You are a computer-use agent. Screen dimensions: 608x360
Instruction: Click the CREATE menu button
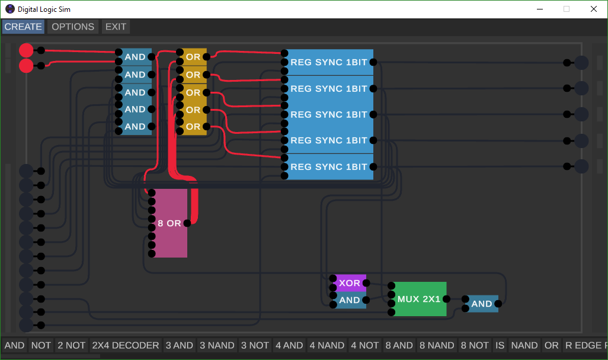click(x=23, y=27)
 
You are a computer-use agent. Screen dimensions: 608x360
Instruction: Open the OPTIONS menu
click(x=73, y=27)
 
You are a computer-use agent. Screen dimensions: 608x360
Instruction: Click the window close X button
click(x=594, y=9)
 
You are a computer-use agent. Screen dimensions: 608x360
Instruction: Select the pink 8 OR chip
click(x=169, y=223)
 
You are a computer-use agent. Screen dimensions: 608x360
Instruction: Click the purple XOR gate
click(x=350, y=283)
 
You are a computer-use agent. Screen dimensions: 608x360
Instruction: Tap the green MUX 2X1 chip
click(x=419, y=299)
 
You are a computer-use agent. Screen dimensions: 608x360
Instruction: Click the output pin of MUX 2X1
click(x=446, y=299)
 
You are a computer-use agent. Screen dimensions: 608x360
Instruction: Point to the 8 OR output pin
click(x=187, y=223)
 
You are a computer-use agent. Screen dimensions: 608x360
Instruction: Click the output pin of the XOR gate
click(x=366, y=283)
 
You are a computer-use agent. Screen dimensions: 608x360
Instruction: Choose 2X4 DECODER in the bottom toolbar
click(x=125, y=345)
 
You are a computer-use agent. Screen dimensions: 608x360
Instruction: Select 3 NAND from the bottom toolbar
click(x=217, y=345)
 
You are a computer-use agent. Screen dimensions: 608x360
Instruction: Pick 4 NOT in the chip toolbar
click(x=364, y=345)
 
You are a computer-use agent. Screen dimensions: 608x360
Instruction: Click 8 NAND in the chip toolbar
click(x=437, y=345)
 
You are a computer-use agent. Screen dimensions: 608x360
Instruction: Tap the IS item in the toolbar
click(x=500, y=345)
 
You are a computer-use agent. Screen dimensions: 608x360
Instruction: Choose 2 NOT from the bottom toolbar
click(x=71, y=345)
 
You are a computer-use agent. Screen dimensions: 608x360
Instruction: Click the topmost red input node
click(x=26, y=50)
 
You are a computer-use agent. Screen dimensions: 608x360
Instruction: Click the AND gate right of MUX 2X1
click(x=482, y=304)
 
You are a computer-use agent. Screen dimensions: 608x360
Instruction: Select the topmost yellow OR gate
click(x=193, y=57)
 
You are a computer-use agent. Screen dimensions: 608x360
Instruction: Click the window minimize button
click(x=540, y=9)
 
